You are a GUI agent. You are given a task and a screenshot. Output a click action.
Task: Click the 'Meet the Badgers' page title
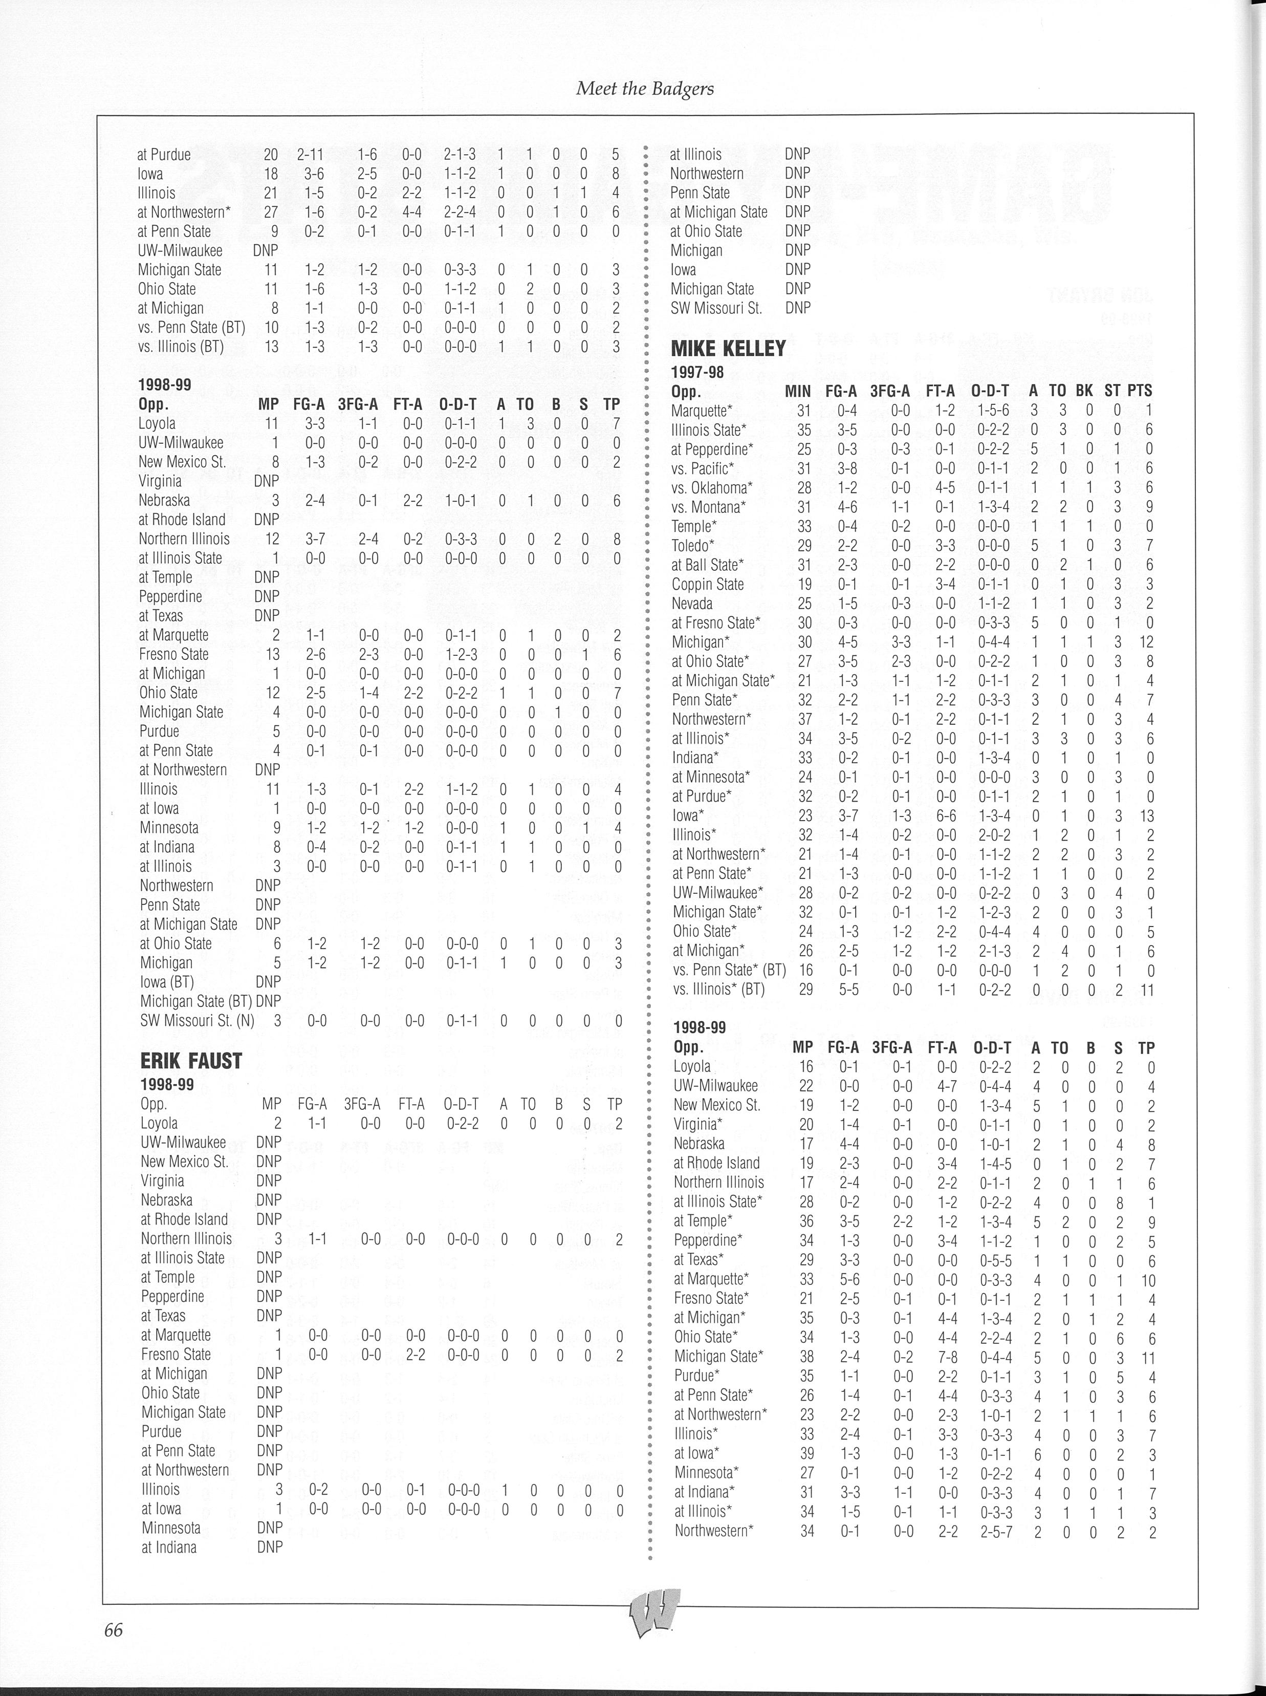tap(644, 89)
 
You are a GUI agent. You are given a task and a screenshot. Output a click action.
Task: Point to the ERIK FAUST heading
tap(191, 1061)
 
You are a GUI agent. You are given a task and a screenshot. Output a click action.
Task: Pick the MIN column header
tap(798, 391)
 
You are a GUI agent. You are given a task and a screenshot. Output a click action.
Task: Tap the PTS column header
tap(1140, 391)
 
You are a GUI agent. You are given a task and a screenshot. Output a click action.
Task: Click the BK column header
tap(1084, 391)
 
